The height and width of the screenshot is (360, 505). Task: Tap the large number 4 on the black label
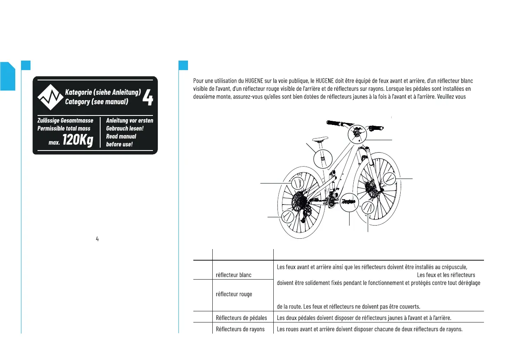click(x=147, y=97)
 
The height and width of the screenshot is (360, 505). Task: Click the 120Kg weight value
click(x=78, y=140)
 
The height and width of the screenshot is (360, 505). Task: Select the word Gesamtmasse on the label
click(x=78, y=120)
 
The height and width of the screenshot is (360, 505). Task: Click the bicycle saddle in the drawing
click(x=319, y=139)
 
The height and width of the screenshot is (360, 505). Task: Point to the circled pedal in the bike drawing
click(x=348, y=201)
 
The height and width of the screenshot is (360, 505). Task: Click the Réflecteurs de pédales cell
click(x=242, y=318)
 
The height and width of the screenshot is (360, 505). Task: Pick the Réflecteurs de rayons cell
click(x=240, y=329)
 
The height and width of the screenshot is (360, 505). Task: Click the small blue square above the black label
click(x=26, y=65)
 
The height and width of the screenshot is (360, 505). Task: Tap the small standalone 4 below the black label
click(x=97, y=239)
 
